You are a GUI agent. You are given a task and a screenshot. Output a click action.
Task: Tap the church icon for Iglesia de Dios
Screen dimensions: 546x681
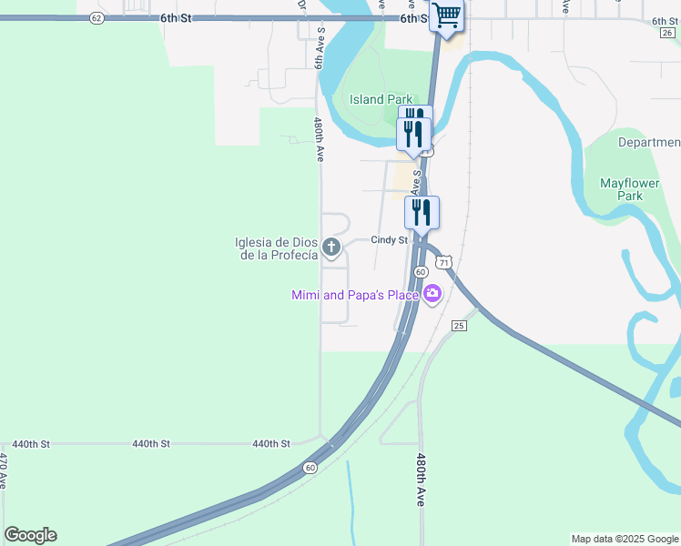(x=331, y=247)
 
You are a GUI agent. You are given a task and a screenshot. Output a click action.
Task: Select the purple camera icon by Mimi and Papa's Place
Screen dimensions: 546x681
(x=432, y=294)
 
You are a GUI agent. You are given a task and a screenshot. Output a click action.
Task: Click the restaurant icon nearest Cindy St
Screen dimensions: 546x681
(x=422, y=212)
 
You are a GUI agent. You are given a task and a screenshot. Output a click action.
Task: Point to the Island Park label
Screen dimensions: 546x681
(x=381, y=100)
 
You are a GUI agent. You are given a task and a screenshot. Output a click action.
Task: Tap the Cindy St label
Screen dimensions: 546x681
(x=388, y=240)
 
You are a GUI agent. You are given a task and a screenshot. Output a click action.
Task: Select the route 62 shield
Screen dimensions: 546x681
(x=97, y=18)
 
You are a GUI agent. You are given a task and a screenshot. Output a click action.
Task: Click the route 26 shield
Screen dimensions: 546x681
(x=667, y=32)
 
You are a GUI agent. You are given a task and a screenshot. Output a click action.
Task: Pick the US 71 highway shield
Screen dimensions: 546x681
(x=443, y=262)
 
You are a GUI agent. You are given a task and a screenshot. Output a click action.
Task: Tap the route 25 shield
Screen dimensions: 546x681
(x=459, y=325)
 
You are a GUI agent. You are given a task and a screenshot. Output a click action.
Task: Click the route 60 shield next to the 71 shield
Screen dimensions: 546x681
(x=421, y=272)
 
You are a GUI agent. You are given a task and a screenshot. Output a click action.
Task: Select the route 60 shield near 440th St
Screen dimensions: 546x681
(x=310, y=468)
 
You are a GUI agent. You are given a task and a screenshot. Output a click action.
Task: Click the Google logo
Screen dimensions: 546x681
(x=30, y=535)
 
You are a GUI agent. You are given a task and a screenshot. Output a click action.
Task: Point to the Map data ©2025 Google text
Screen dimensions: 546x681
(x=625, y=539)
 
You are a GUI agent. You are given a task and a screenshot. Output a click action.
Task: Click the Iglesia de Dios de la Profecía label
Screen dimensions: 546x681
(x=276, y=248)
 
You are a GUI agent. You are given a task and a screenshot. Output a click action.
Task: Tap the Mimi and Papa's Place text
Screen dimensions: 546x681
(x=354, y=295)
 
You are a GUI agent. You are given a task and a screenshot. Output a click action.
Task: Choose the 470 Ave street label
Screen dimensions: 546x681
(x=5, y=471)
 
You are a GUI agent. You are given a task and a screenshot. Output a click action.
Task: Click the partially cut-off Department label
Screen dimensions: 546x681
(x=648, y=143)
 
